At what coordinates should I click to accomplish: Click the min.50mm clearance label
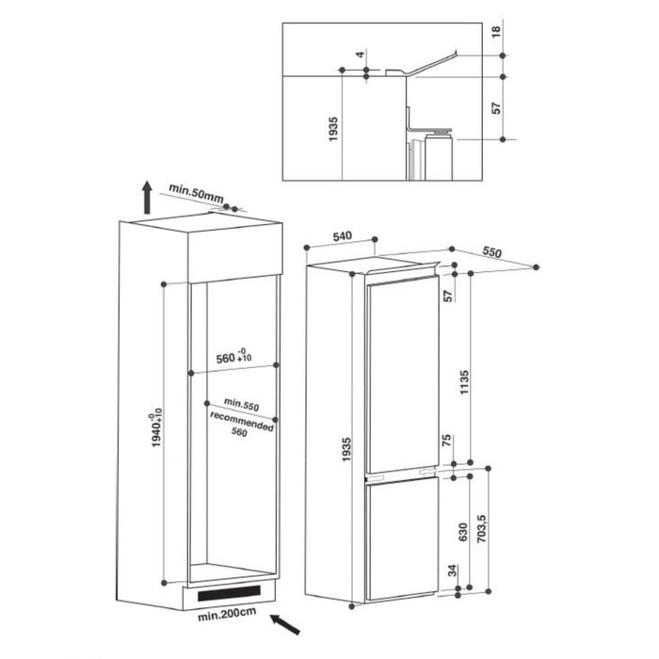point(196,192)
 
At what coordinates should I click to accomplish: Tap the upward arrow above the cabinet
point(147,197)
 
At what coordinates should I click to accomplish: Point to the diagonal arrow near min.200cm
point(285,623)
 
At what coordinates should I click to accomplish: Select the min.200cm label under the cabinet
point(227,614)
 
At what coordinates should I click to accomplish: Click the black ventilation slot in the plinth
point(229,593)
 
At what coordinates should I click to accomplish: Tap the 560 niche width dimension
point(233,357)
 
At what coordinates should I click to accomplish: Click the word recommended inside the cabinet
point(242,422)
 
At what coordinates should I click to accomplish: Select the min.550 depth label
point(241,404)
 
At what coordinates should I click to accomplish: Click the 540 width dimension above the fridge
point(342,236)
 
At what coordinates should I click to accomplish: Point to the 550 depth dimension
point(491,251)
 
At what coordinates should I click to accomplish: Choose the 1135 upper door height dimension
point(464,382)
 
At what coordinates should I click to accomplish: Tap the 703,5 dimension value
point(482,529)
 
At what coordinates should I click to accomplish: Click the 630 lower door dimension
point(463,532)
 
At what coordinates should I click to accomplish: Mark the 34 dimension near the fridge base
point(452,571)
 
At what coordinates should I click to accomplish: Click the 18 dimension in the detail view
point(496,31)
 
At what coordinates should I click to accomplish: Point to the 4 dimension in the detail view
point(360,55)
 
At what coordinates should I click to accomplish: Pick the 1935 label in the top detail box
point(333,129)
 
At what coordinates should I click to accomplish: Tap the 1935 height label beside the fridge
point(346,449)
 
